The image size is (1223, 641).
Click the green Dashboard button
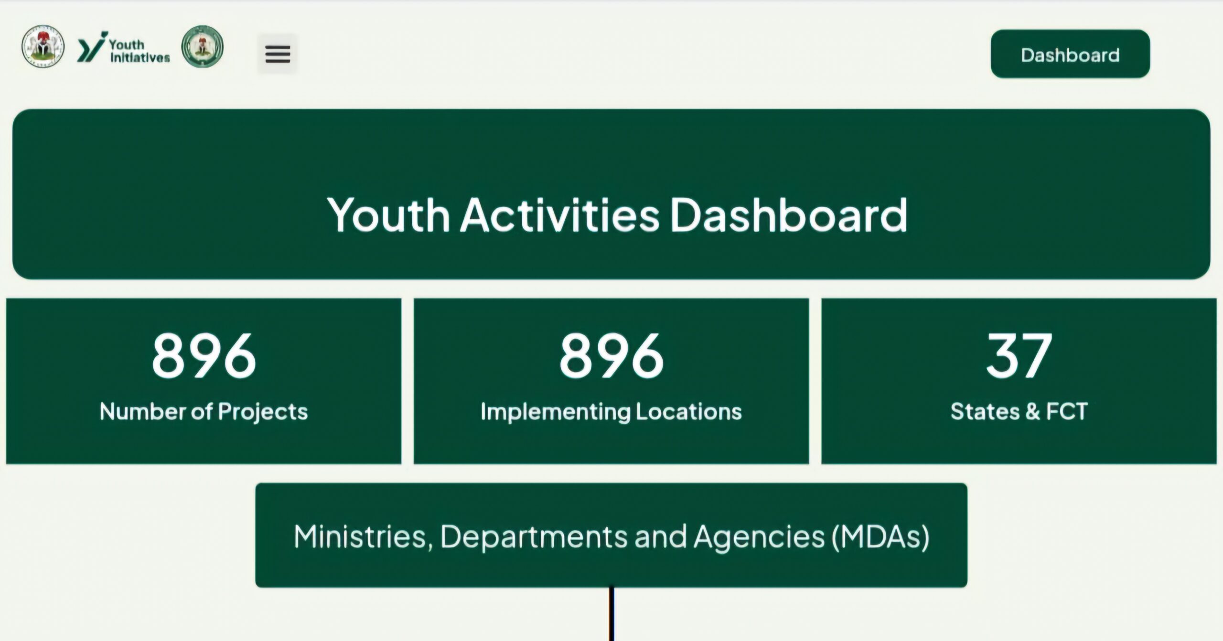click(1070, 54)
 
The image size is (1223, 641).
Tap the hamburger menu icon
click(278, 54)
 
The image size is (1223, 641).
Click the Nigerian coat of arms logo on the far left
click(43, 46)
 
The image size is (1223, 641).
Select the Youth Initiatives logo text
click(139, 51)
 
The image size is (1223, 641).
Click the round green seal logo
click(203, 46)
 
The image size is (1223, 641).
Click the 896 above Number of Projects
click(204, 355)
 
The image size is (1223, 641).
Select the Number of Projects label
click(204, 412)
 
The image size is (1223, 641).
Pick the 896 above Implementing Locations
click(611, 355)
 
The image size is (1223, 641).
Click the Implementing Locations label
click(611, 412)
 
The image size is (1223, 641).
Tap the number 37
click(1019, 355)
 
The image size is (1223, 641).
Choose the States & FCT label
click(1019, 411)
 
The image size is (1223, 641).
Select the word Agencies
click(759, 537)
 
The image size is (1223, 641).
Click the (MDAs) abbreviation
click(881, 537)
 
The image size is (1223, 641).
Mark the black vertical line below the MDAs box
click(611, 614)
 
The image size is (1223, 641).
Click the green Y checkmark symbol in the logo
click(91, 47)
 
